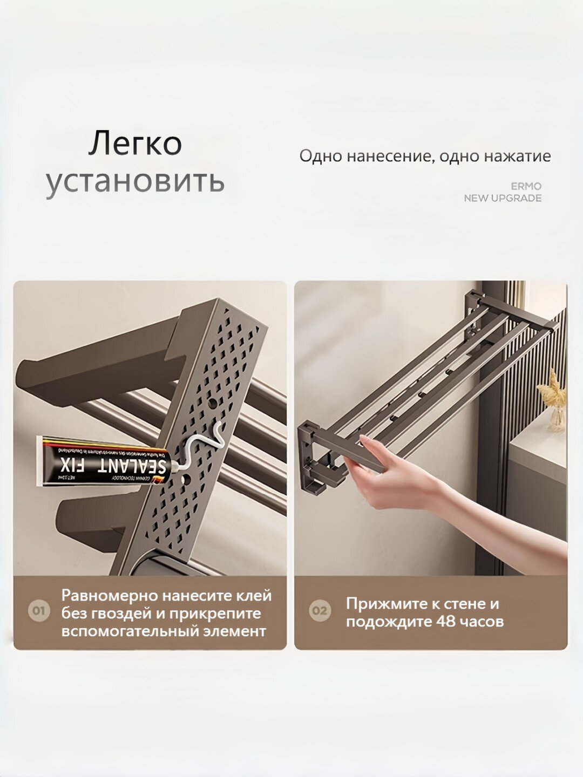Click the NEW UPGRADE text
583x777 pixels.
pos(503,198)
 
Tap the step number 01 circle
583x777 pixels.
pos(38,611)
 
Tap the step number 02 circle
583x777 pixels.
pos(319,611)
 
